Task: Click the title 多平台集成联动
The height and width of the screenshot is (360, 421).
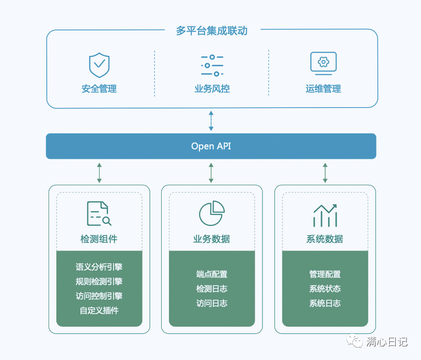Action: click(x=212, y=31)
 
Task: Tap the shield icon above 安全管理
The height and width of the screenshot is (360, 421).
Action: click(x=99, y=65)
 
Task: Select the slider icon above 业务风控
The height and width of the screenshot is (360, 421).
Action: click(x=212, y=65)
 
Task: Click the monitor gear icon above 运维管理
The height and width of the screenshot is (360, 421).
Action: click(x=323, y=63)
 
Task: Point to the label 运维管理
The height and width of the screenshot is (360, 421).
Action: click(x=323, y=89)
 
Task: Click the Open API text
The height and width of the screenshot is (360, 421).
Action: click(x=211, y=146)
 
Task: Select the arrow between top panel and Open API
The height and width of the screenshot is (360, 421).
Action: click(x=211, y=120)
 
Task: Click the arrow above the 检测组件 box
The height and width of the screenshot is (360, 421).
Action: click(x=99, y=173)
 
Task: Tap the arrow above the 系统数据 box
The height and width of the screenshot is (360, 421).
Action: click(x=325, y=173)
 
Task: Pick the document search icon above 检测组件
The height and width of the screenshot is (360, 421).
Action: click(x=99, y=213)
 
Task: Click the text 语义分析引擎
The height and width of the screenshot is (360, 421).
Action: click(x=99, y=267)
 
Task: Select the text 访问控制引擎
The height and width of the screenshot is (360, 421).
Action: click(x=99, y=296)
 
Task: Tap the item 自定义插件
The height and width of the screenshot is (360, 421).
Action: click(x=99, y=311)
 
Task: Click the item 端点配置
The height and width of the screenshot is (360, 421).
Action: click(x=212, y=274)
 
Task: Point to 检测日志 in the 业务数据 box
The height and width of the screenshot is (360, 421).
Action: click(x=212, y=289)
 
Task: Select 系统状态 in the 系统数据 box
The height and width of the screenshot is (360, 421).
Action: click(x=325, y=289)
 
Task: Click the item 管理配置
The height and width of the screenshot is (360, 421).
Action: click(x=325, y=274)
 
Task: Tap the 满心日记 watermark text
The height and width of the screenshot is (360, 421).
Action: click(x=386, y=342)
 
